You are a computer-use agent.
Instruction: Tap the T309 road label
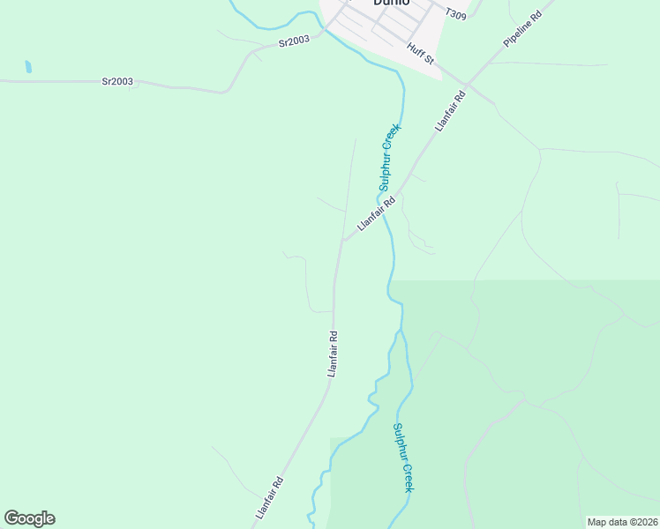pyautogui.click(x=455, y=14)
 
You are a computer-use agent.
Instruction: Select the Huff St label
pyautogui.click(x=421, y=53)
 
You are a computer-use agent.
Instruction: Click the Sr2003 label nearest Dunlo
pyautogui.click(x=294, y=41)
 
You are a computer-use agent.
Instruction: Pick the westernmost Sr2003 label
pyautogui.click(x=117, y=82)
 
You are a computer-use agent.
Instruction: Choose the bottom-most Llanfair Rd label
pyautogui.click(x=269, y=497)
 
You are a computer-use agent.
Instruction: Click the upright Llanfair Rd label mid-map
pyautogui.click(x=333, y=354)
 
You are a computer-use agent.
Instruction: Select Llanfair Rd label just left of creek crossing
pyautogui.click(x=375, y=214)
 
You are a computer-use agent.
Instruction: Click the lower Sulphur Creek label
pyautogui.click(x=403, y=458)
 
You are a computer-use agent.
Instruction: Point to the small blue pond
pyautogui.click(x=29, y=66)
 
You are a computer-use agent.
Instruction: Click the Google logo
pyautogui.click(x=29, y=518)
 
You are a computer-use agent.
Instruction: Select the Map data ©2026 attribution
pyautogui.click(x=621, y=522)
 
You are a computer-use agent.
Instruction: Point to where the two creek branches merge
pyautogui.click(x=401, y=332)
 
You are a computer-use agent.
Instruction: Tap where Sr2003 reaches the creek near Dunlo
pyautogui.click(x=323, y=29)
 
